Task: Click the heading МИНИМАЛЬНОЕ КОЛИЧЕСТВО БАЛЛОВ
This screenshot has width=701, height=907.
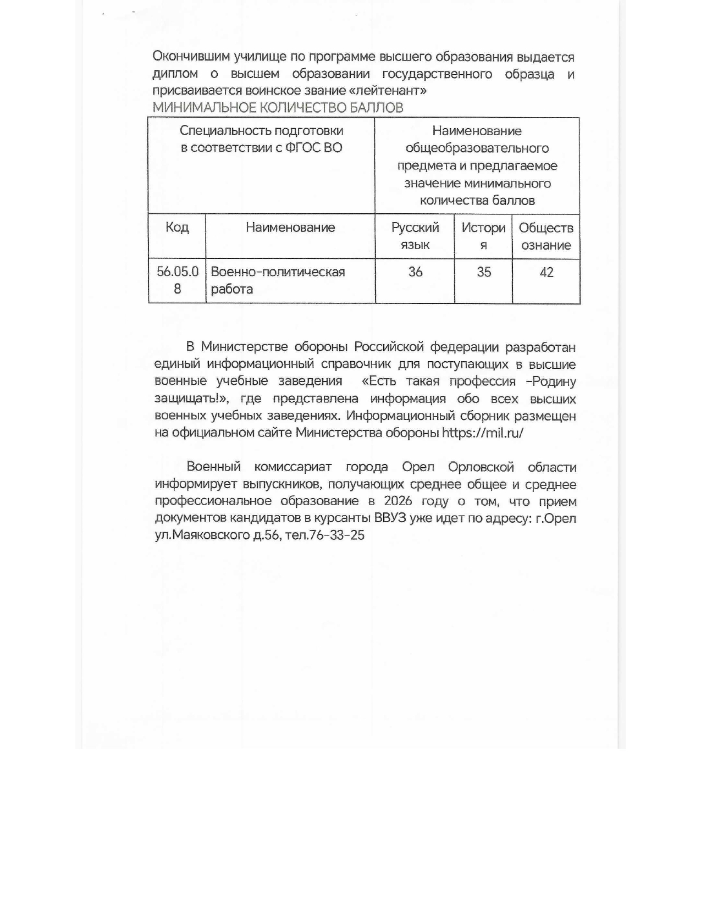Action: coord(278,108)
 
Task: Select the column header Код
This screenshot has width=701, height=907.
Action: coord(177,228)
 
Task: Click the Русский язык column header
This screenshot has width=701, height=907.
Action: coord(415,236)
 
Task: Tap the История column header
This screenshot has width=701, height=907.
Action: coord(483,236)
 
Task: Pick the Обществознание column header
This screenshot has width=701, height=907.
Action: coord(546,236)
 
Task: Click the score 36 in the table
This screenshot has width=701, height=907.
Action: coord(416,272)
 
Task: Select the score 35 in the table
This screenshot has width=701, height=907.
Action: coord(484,272)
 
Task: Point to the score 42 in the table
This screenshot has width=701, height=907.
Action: coord(547,272)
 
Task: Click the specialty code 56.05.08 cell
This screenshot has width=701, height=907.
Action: coord(177,280)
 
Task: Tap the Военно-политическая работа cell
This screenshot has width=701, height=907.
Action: coord(278,280)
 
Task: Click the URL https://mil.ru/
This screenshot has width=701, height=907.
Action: coord(483,433)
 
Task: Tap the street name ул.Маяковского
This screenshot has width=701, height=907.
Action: coord(202,535)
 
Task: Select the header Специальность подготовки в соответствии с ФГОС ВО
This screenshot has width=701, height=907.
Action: coord(261,139)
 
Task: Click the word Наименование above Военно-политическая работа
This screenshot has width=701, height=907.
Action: coord(290,228)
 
